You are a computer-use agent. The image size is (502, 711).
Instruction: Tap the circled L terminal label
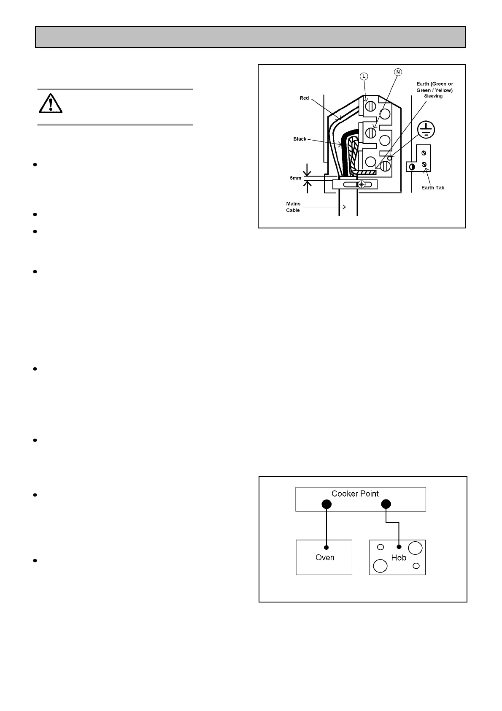[x=364, y=76]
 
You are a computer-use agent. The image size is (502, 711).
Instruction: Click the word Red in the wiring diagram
[x=304, y=98]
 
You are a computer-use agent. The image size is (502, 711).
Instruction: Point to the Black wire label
[x=300, y=139]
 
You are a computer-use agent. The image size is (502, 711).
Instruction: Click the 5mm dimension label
[x=296, y=178]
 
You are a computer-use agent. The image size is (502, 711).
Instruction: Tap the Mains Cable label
[x=293, y=207]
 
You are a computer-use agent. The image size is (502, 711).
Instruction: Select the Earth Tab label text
[x=433, y=187]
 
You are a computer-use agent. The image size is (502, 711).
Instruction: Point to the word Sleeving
[x=433, y=96]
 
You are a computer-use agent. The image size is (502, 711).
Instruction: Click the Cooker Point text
[x=355, y=494]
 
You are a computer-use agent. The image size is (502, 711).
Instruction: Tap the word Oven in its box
[x=325, y=558]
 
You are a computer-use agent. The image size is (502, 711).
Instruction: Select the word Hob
[x=399, y=558]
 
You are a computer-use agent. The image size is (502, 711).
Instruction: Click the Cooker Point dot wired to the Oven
[x=326, y=504]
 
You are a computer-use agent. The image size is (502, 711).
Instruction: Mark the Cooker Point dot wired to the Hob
[x=386, y=504]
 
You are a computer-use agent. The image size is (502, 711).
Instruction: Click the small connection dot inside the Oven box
[x=326, y=548]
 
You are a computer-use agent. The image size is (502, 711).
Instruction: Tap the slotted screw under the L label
[x=370, y=106]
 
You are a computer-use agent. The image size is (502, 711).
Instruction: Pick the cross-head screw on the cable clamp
[x=362, y=185]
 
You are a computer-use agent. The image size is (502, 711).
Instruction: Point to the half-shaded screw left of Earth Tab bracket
[x=411, y=167]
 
